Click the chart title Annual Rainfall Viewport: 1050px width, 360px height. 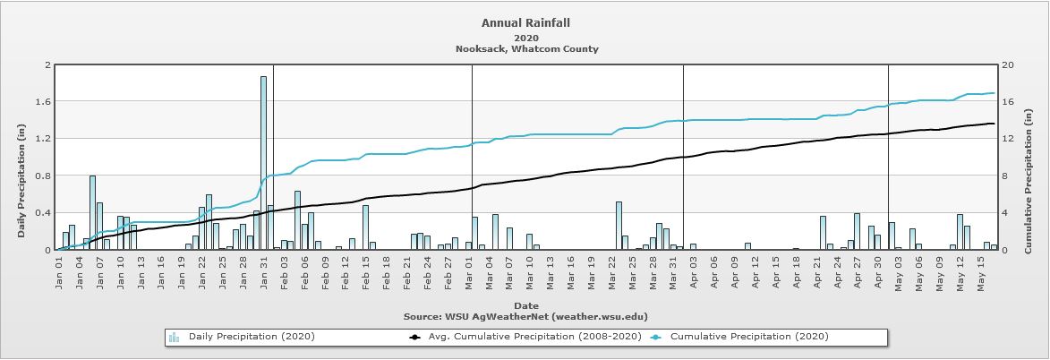coord(525,23)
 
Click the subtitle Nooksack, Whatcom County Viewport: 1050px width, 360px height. coord(525,49)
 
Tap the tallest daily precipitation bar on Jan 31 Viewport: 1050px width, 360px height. coord(263,161)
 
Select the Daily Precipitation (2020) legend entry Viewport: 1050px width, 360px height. coord(252,337)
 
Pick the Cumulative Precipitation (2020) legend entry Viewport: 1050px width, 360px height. coord(748,337)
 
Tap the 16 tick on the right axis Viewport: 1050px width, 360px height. coord(1008,102)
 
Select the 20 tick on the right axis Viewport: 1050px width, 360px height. coord(1008,65)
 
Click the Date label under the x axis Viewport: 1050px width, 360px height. coord(525,305)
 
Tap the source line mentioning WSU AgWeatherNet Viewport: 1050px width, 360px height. coord(525,316)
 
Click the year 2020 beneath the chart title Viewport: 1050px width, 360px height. coord(525,38)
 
